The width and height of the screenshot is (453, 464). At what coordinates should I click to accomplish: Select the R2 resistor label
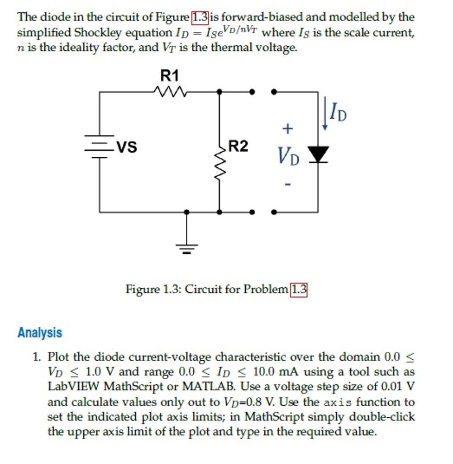click(238, 146)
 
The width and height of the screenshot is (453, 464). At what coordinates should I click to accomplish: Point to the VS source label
click(127, 146)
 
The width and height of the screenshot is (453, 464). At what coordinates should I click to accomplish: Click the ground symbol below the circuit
click(186, 247)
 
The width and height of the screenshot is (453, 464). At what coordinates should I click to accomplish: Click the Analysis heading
click(40, 333)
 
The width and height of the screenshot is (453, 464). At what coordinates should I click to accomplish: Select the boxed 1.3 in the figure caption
click(298, 289)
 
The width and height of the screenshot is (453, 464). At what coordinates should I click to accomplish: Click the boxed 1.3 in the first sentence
click(200, 18)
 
